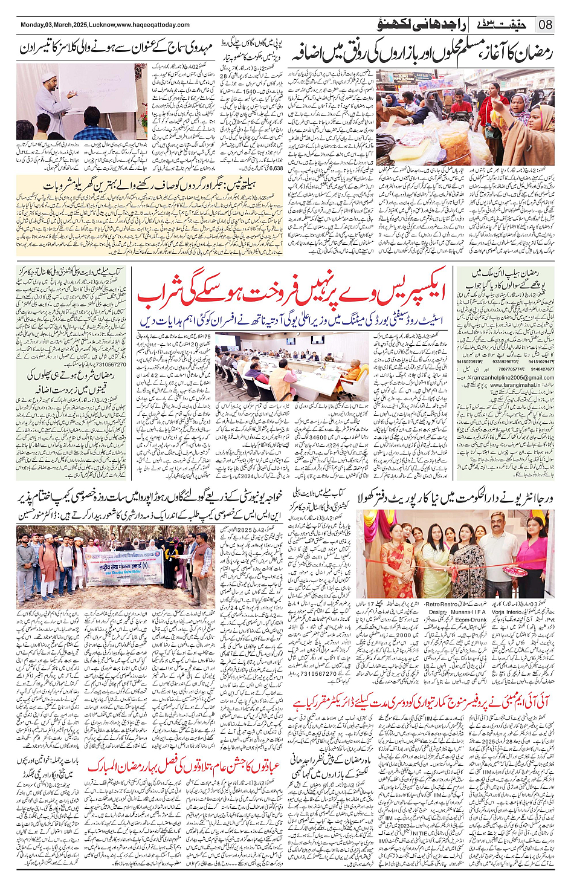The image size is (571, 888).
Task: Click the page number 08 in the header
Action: point(545,25)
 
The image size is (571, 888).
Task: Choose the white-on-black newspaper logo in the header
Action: point(501,25)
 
